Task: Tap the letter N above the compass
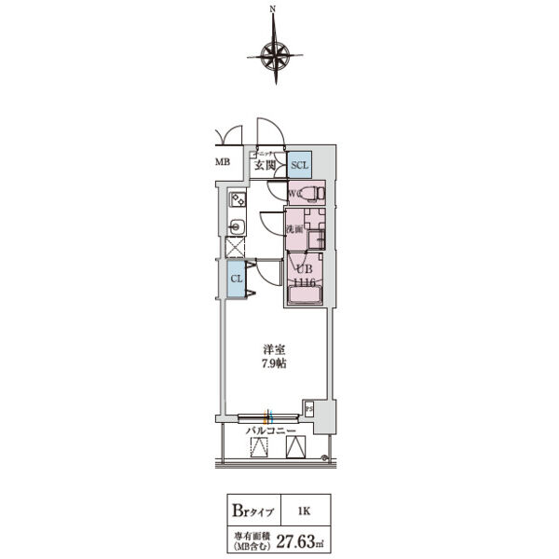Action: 273,10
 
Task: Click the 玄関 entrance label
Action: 265,165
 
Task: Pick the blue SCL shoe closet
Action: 298,165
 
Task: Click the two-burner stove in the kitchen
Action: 238,198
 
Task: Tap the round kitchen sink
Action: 237,225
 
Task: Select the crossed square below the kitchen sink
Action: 237,248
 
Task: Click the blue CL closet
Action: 237,278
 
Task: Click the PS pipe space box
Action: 307,406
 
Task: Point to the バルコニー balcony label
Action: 270,431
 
